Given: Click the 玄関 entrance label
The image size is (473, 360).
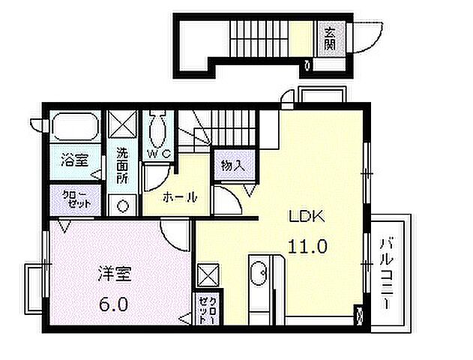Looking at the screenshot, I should click(x=331, y=37).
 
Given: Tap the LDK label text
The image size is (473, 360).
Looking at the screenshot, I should click(x=307, y=218).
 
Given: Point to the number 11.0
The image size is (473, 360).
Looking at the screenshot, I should click(x=308, y=245).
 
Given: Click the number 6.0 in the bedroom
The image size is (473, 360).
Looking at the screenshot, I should click(x=114, y=305).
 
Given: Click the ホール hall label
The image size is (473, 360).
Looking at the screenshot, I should click(x=180, y=198).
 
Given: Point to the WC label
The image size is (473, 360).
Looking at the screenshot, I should click(x=159, y=153).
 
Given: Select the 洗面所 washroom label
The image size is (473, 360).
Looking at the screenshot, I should click(x=122, y=165).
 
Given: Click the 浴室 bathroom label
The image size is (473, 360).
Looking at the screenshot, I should click(x=75, y=159).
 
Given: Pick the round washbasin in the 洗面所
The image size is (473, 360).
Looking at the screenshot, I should click(x=122, y=204).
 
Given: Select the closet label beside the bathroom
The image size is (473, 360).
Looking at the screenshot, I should click(x=76, y=198).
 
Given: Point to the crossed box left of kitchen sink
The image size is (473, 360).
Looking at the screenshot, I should click(x=207, y=274).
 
